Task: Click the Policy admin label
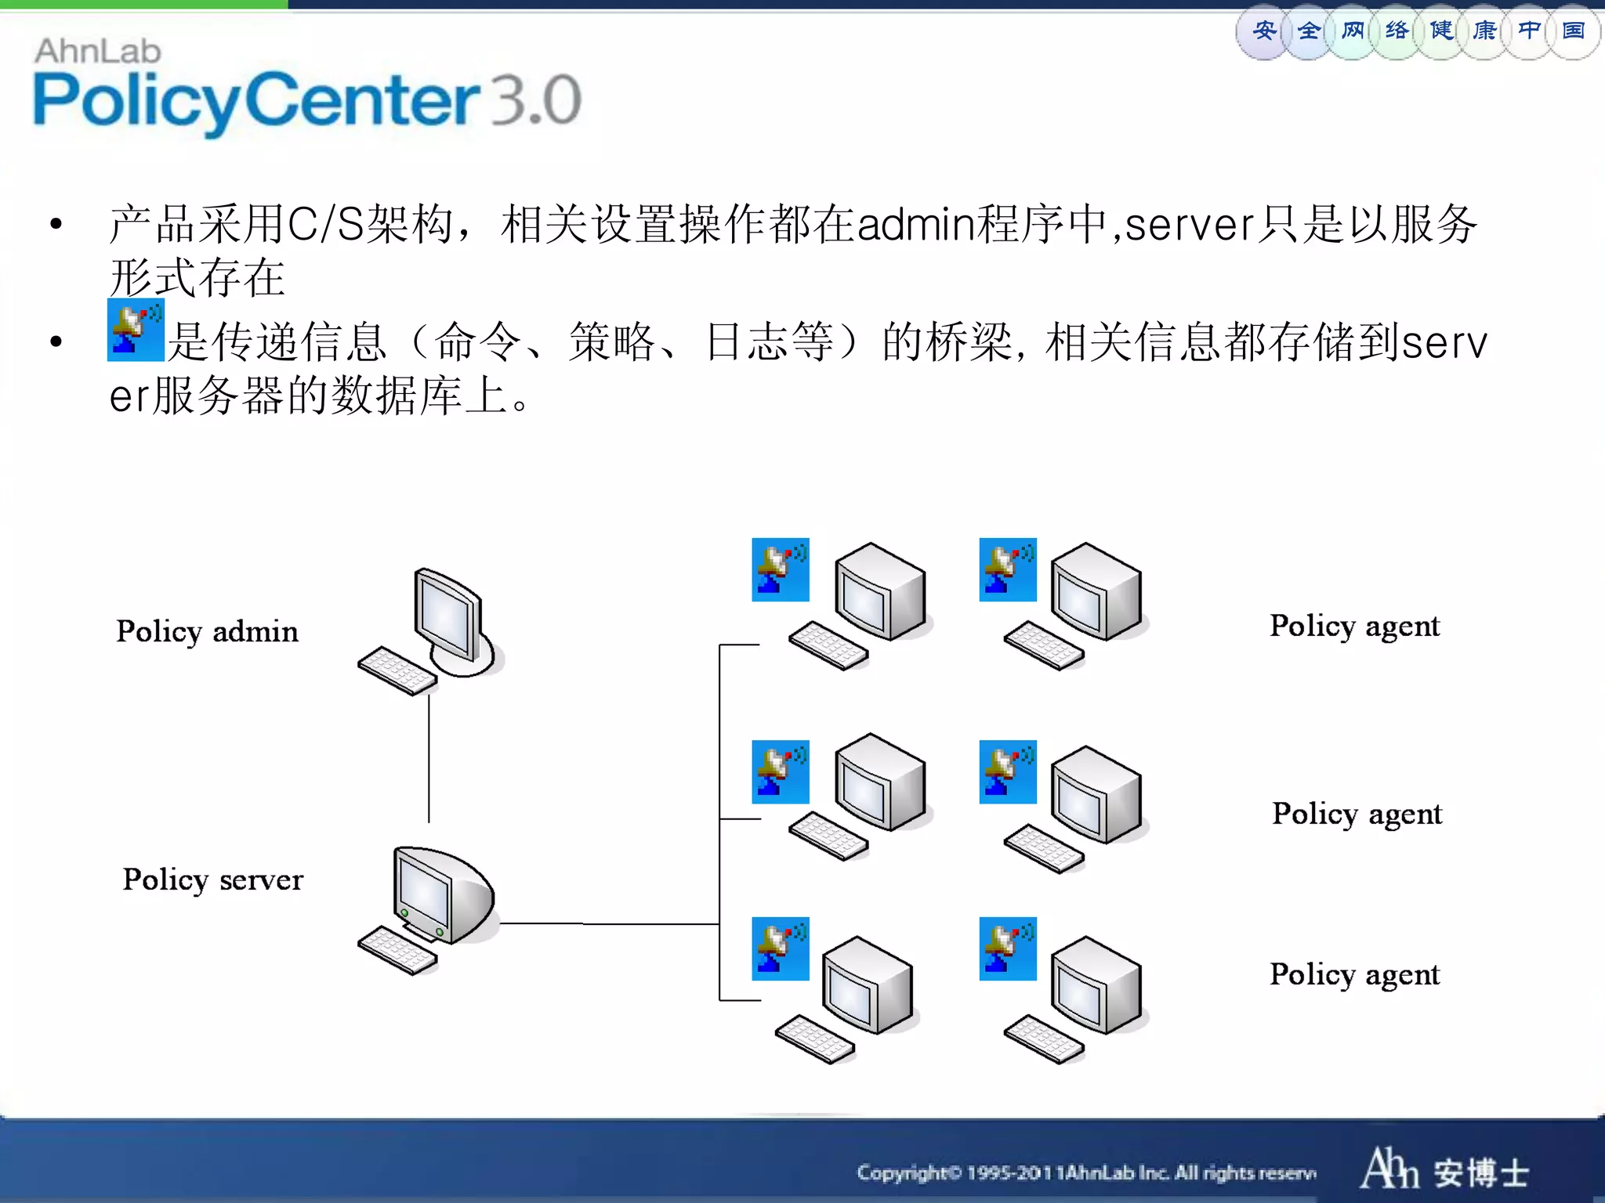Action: pos(207,631)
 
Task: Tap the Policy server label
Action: pos(212,880)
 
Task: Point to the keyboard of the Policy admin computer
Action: pos(397,671)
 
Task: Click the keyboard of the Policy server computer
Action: pos(397,950)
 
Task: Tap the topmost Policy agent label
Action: pos(1354,626)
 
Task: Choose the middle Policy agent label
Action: pos(1357,814)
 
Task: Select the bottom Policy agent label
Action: pos(1354,974)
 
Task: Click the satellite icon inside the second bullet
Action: pos(136,330)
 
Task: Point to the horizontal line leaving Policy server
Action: pos(610,924)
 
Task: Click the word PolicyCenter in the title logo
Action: pos(255,100)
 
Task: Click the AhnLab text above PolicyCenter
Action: pos(98,52)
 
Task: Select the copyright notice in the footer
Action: pos(1085,1172)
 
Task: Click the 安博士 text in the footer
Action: pos(1481,1173)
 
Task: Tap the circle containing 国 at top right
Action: pos(1573,31)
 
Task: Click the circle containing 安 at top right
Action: pos(1263,31)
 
